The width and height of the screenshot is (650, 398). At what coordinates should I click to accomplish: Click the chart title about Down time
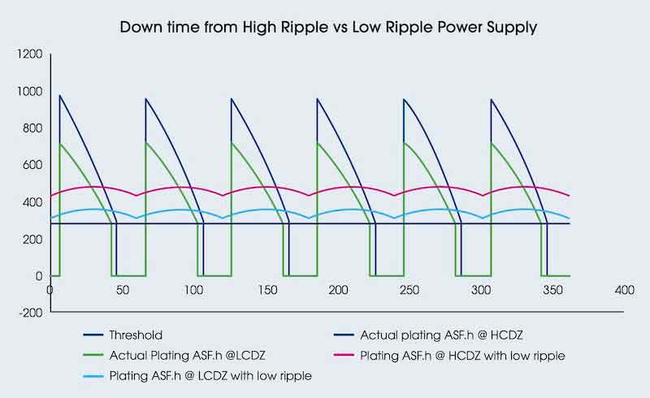pyautogui.click(x=327, y=27)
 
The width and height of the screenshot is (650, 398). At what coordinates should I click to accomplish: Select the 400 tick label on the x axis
pyautogui.click(x=624, y=290)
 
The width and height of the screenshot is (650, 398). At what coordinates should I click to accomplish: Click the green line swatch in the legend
pyautogui.click(x=99, y=355)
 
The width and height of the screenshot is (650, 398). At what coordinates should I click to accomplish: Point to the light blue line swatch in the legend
pyautogui.click(x=99, y=375)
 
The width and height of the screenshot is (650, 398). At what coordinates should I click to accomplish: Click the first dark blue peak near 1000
pyautogui.click(x=59, y=96)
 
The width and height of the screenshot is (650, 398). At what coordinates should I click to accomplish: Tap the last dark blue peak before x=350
pyautogui.click(x=491, y=99)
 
